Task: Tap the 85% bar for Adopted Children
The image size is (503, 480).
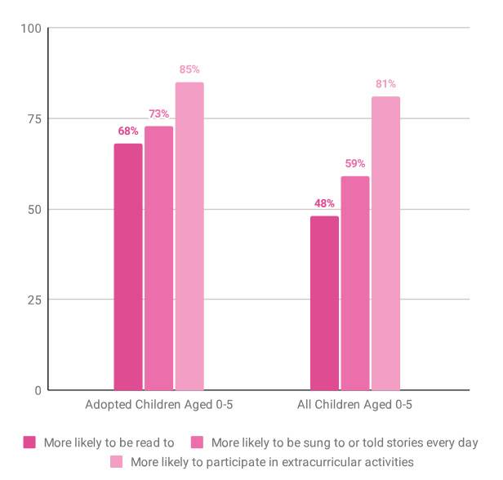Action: (x=189, y=237)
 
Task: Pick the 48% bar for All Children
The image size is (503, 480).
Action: (x=324, y=303)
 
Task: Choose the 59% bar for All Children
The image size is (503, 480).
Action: (x=355, y=283)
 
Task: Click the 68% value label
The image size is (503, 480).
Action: (x=128, y=131)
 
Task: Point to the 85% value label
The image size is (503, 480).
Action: (x=189, y=69)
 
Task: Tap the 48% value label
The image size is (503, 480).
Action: (x=324, y=203)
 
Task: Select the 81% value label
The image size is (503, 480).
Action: (x=386, y=84)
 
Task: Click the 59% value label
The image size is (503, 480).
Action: (x=355, y=163)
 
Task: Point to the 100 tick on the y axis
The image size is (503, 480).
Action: (x=31, y=29)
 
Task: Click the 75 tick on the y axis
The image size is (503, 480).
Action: (x=34, y=119)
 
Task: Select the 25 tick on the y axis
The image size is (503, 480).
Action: (x=34, y=300)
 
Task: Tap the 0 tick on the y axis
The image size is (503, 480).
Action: (x=38, y=390)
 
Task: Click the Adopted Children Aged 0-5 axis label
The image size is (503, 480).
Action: (x=158, y=405)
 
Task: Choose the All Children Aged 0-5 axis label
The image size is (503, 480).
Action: (x=355, y=405)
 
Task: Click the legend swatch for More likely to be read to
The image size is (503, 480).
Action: (x=30, y=443)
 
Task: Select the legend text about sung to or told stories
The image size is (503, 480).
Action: (x=344, y=443)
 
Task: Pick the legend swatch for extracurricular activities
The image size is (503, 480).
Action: (x=117, y=462)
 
